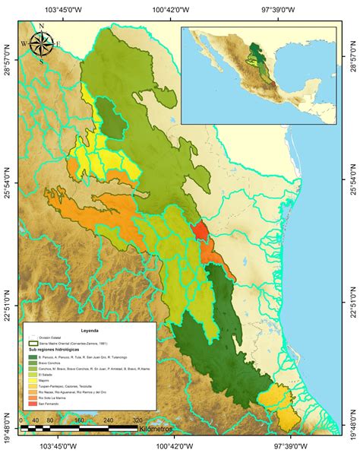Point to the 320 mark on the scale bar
137,419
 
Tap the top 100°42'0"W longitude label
181,8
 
